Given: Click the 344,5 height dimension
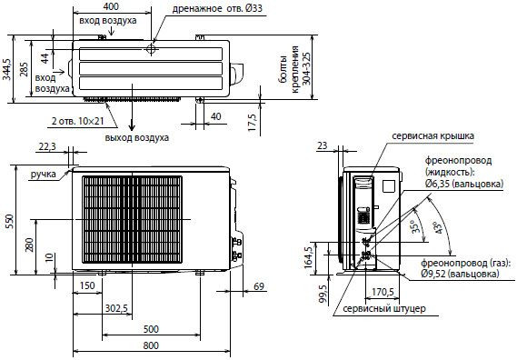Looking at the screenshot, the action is pyautogui.click(x=6, y=69).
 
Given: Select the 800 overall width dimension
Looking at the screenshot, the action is pyautogui.click(x=151, y=345).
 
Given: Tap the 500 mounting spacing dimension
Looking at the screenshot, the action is pyautogui.click(x=151, y=329).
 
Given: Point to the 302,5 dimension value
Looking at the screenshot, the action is pyautogui.click(x=116, y=308).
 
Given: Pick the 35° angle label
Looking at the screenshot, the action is pyautogui.click(x=417, y=225).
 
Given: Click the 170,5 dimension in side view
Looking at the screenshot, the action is pyautogui.click(x=383, y=292).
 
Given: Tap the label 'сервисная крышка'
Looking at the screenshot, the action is pyautogui.click(x=432, y=135).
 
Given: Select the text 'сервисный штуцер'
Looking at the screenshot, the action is pyautogui.click(x=384, y=309).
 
